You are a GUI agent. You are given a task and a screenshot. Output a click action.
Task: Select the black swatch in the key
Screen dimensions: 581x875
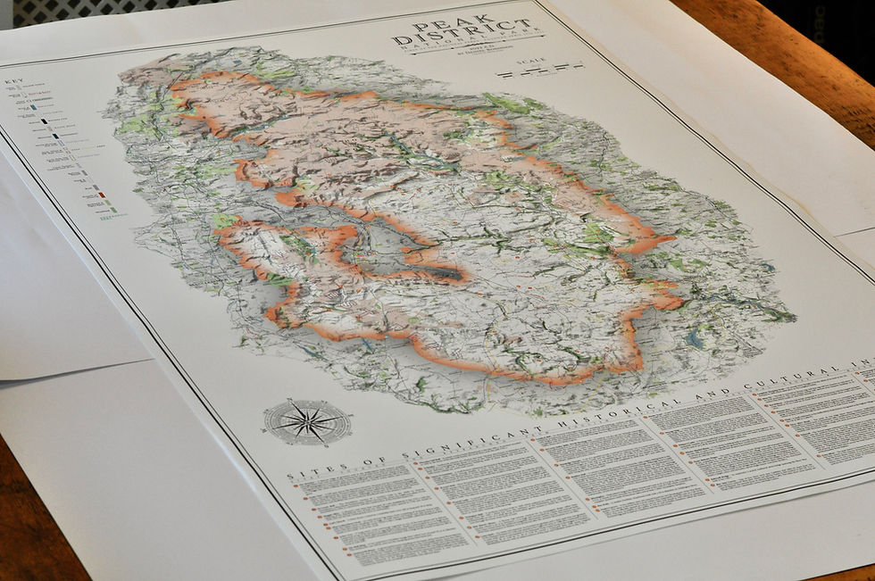tap(55, 136)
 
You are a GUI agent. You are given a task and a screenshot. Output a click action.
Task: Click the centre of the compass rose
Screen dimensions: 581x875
tap(306, 420)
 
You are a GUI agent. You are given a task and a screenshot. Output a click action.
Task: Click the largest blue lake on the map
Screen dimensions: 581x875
tap(696, 339)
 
